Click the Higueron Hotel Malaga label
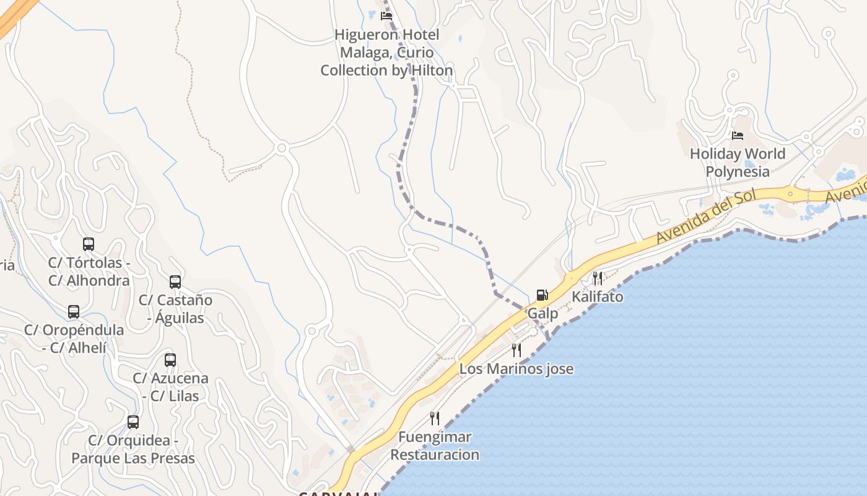tap(387, 53)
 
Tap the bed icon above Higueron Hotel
tap(386, 15)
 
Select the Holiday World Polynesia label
tap(738, 162)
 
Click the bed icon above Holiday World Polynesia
tap(737, 135)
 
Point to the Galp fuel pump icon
tap(542, 294)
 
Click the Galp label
tap(542, 314)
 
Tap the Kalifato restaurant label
tap(598, 297)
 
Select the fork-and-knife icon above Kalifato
tap(597, 278)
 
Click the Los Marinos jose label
tap(516, 370)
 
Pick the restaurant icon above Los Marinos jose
tap(516, 350)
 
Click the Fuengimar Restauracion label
tap(435, 446)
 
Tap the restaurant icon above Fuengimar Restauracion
tap(435, 418)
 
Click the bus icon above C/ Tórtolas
tap(89, 244)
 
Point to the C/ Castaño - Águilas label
tap(175, 309)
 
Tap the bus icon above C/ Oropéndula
tap(74, 311)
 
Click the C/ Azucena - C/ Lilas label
tap(170, 387)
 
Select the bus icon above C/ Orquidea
tap(133, 422)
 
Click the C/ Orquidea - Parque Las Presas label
tap(133, 449)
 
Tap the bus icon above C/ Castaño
tap(175, 282)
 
